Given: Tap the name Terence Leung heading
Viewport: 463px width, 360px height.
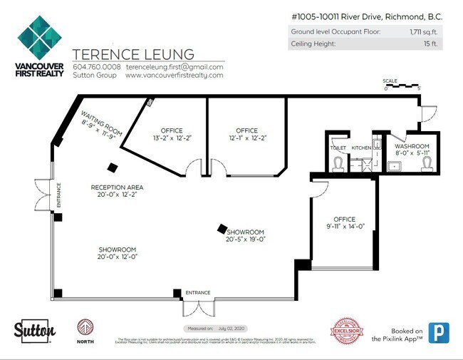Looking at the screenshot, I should (x=133, y=55).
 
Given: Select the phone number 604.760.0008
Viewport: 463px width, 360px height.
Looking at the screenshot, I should (x=97, y=67).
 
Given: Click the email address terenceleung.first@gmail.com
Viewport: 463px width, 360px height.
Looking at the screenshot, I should (x=175, y=67).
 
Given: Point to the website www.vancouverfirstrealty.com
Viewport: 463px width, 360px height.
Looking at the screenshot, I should (x=175, y=75).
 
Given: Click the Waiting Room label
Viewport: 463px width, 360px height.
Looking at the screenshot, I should (x=98, y=125).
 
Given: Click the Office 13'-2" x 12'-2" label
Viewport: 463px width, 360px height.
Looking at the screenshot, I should (x=172, y=134).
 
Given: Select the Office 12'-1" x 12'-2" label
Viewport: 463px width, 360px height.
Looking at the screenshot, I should (x=246, y=134).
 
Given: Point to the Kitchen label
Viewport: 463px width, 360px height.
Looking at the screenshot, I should (x=362, y=148).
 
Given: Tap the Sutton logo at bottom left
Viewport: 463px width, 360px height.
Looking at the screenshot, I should (x=35, y=330).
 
